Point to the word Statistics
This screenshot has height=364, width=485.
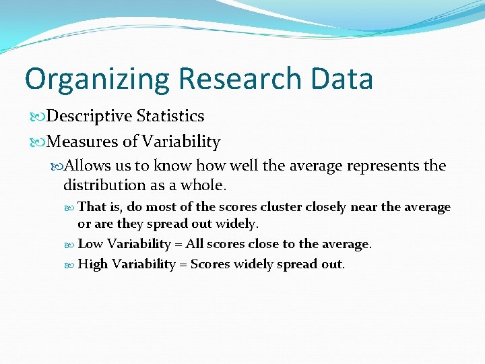pos(170,116)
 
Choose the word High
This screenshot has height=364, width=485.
pos(93,264)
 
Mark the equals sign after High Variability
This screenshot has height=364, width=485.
pos(183,265)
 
